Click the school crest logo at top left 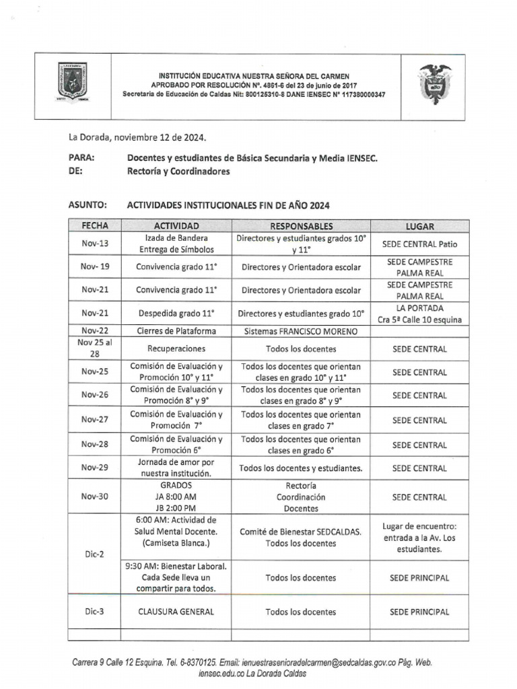(x=73, y=82)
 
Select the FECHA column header (x=94, y=226)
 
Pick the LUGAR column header (x=419, y=227)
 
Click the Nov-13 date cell (x=95, y=244)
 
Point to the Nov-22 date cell (x=95, y=330)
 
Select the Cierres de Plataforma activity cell (x=176, y=330)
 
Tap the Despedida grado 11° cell (x=176, y=313)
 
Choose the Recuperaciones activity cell (x=176, y=349)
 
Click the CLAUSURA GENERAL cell (x=176, y=612)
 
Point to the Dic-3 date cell (x=95, y=612)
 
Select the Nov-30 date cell (x=95, y=497)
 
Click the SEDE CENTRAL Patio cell (x=419, y=244)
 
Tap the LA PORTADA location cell (x=419, y=314)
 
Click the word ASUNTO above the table (x=88, y=205)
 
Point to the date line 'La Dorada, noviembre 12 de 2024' (x=137, y=137)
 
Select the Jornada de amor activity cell (x=176, y=468)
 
